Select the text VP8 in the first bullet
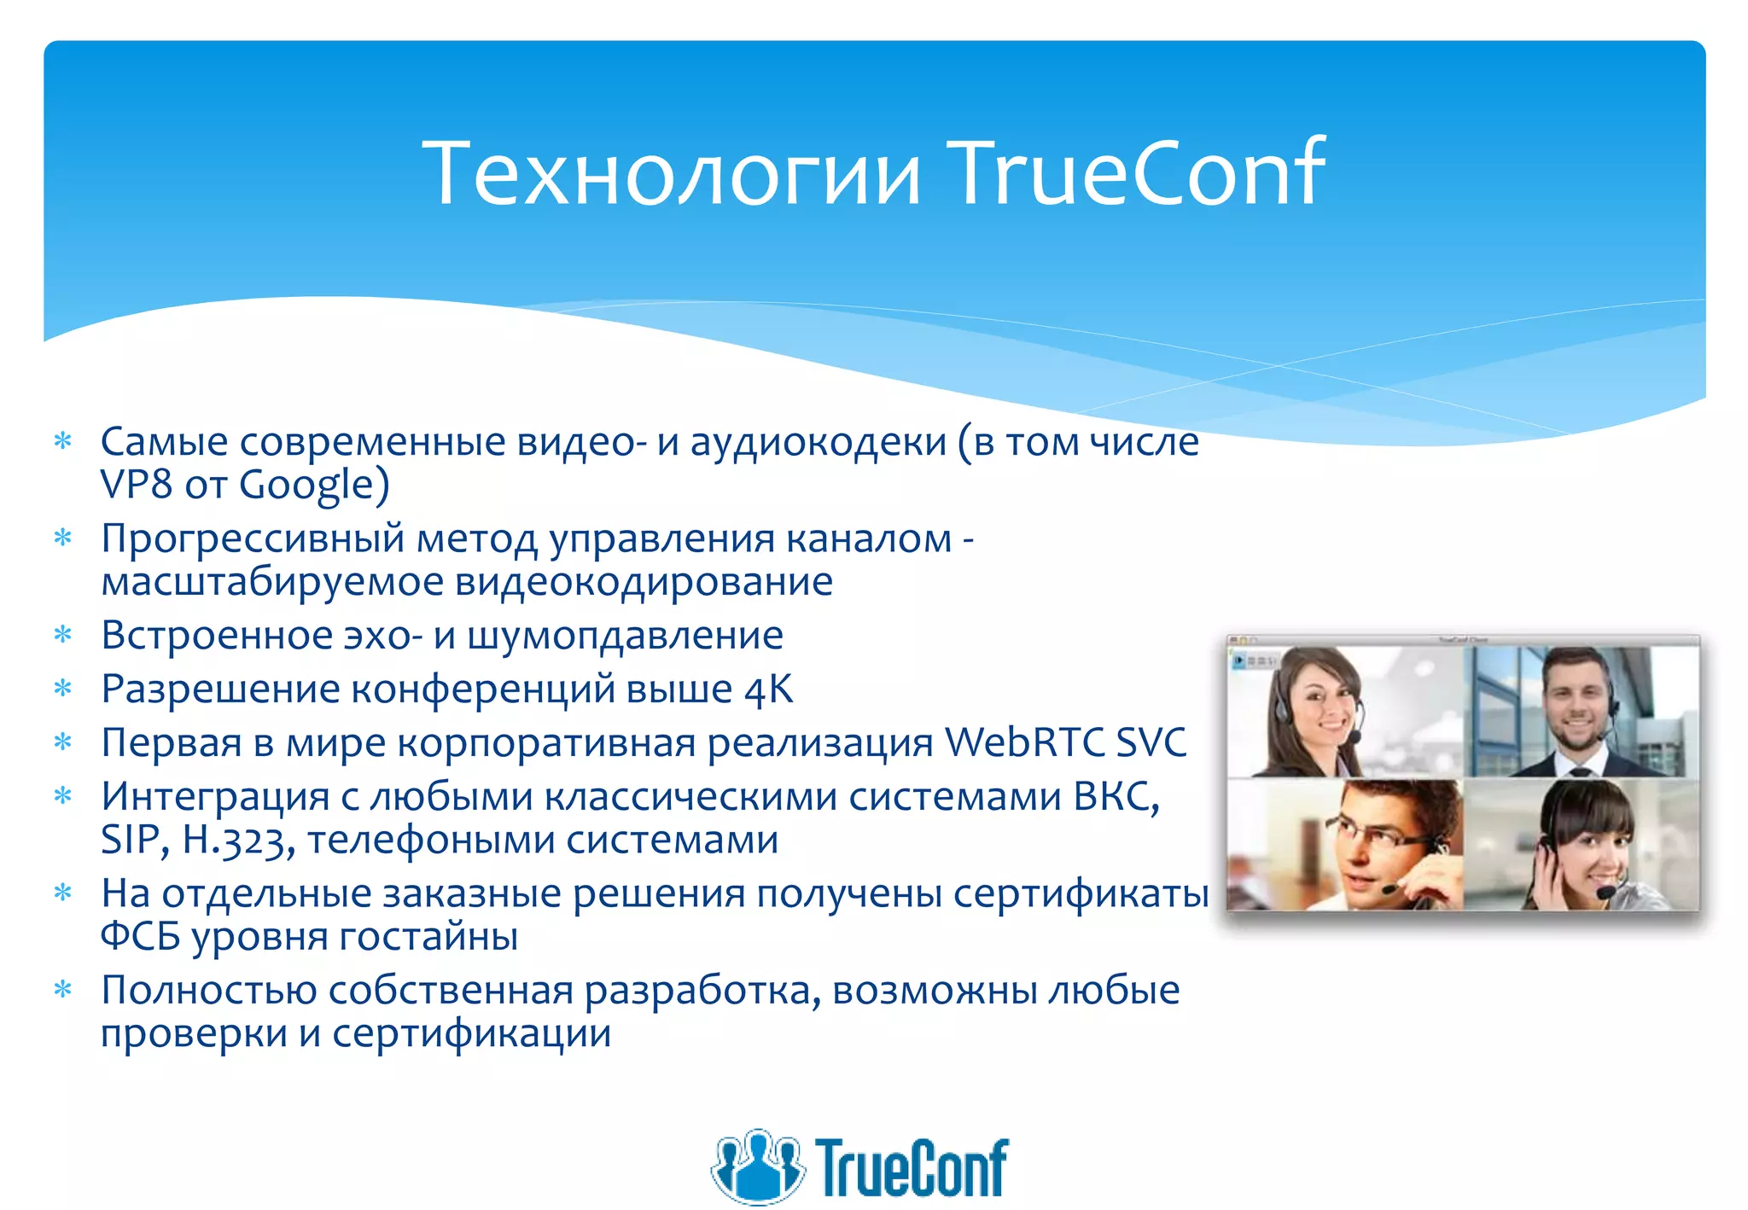click(137, 484)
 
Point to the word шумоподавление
click(625, 636)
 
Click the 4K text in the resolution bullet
click(768, 689)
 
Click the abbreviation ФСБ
click(140, 937)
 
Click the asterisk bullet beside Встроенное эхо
click(63, 635)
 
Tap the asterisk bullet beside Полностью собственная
click(63, 990)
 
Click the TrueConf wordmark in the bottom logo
click(912, 1167)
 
